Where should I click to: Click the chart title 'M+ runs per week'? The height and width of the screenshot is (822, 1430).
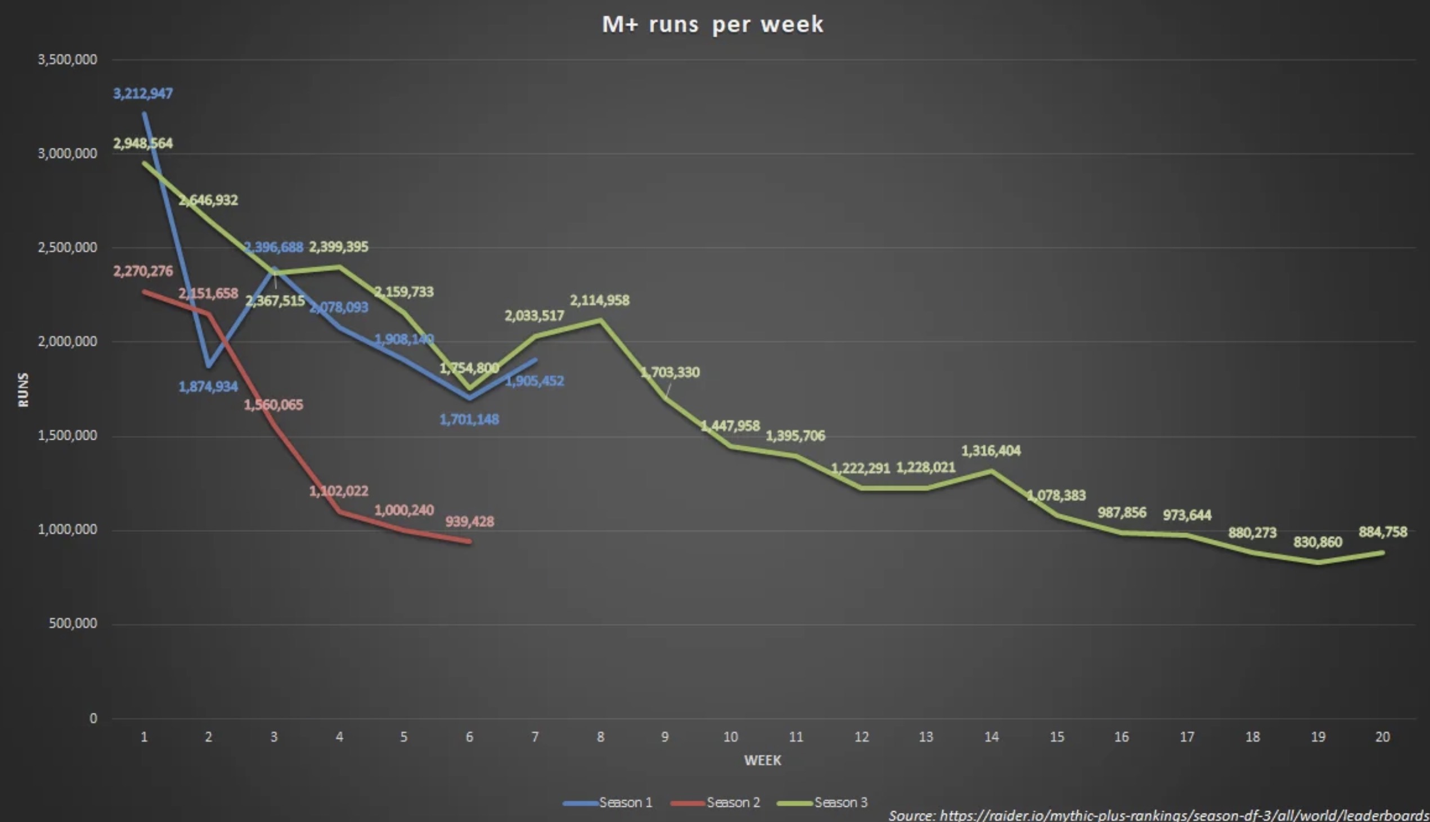[713, 24]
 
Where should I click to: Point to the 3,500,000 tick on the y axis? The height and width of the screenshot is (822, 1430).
[67, 59]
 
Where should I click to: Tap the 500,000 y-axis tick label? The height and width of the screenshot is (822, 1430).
[73, 624]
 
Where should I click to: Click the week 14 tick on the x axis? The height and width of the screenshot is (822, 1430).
[991, 737]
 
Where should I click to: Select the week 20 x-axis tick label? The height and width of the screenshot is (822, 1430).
[1382, 737]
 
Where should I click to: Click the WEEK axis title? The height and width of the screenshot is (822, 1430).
[762, 761]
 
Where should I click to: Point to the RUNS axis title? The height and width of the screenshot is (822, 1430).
[23, 389]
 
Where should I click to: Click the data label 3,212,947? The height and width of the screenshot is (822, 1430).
[143, 94]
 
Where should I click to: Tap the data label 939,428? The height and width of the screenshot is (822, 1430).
[469, 522]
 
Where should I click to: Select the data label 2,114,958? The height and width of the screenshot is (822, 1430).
[599, 300]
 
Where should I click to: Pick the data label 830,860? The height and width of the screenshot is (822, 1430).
[1317, 543]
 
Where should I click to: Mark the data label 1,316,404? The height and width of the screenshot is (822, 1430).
[991, 451]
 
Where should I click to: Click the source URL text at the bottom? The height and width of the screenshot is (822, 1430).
[1158, 815]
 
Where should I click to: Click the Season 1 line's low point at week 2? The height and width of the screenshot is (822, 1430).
[209, 366]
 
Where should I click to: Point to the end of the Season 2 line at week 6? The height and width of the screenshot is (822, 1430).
[469, 541]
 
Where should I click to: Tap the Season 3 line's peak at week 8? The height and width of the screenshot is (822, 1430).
[600, 320]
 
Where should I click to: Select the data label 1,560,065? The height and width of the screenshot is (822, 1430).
[273, 405]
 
